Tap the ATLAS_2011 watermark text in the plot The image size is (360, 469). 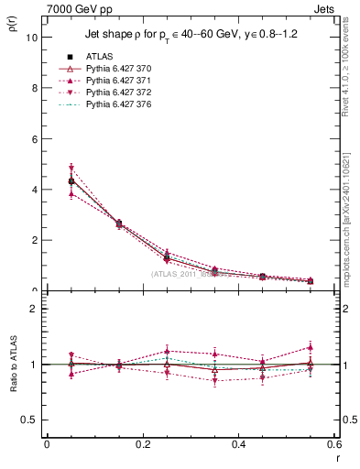click(x=183, y=274)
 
